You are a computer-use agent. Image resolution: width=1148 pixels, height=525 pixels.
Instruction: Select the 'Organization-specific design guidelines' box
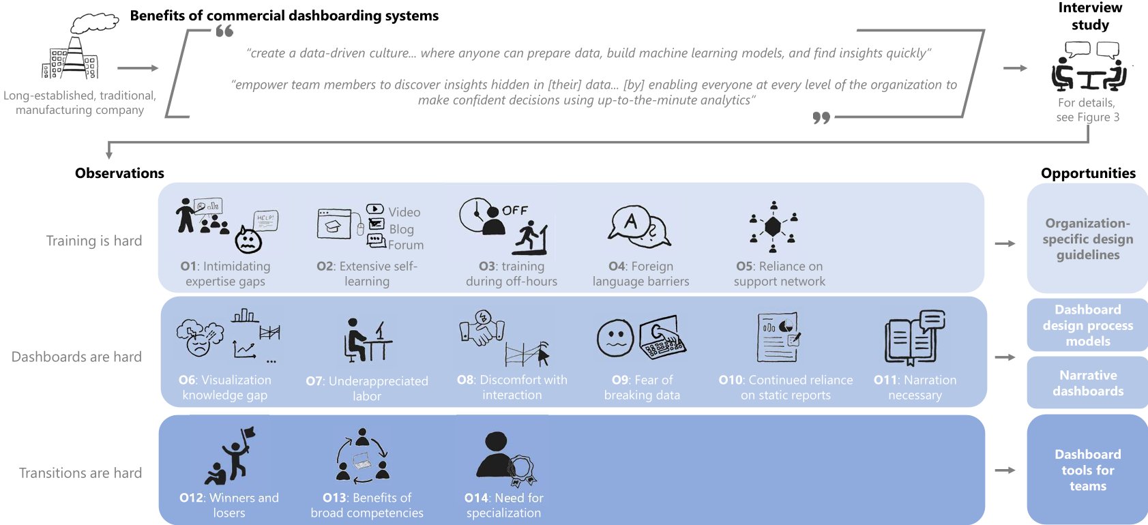coord(1087,238)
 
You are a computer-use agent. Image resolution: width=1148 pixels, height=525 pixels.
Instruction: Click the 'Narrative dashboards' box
coord(1087,382)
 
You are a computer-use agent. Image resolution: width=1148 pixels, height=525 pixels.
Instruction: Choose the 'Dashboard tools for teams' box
coord(1087,470)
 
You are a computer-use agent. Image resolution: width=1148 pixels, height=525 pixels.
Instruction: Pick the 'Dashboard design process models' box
coord(1087,325)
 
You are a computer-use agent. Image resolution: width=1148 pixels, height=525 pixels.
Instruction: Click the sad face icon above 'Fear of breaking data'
coord(615,339)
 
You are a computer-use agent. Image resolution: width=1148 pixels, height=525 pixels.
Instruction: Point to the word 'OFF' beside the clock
coord(514,211)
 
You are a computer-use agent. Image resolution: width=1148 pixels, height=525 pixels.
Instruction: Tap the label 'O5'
coord(744,267)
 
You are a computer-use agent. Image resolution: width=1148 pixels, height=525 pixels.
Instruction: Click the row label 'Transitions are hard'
coord(80,472)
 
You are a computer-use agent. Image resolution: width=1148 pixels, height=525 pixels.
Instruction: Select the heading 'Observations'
coord(119,173)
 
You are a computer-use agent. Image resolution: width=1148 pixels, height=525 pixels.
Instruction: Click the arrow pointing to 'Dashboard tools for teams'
coord(1005,470)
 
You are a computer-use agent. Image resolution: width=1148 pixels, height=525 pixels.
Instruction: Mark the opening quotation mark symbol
coord(224,31)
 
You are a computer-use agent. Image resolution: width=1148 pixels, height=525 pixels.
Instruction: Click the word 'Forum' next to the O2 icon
coord(406,245)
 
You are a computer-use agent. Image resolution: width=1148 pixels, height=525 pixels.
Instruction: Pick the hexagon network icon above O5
coord(773,226)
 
